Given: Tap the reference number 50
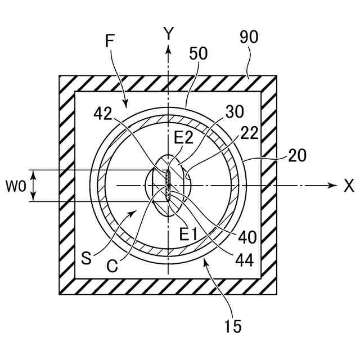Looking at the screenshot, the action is tap(199, 53).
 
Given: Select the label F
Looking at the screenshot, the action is tap(111, 40).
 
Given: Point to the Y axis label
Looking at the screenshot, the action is tap(168, 34).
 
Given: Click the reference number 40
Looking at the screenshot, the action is tap(247, 236).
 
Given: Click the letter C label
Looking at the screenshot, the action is tap(112, 266).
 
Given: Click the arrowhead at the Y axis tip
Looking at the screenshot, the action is tap(168, 49).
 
